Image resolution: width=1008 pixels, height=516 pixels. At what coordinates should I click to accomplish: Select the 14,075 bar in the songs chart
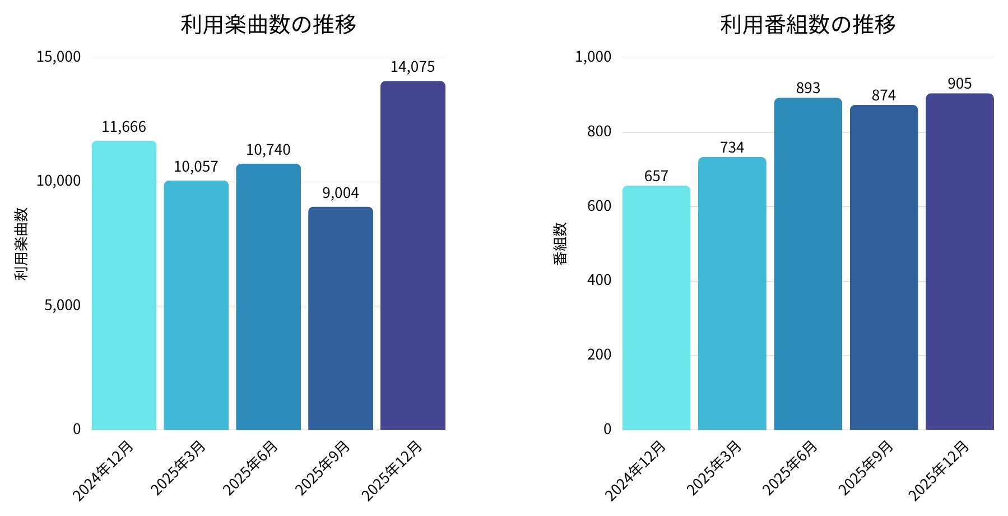(x=413, y=255)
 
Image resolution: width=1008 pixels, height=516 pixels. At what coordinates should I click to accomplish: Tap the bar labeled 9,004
(x=341, y=318)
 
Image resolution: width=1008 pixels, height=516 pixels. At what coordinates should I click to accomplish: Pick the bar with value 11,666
(x=124, y=285)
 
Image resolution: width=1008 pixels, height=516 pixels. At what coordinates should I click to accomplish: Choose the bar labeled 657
(x=656, y=307)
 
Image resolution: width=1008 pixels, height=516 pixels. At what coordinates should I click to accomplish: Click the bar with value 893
(x=808, y=264)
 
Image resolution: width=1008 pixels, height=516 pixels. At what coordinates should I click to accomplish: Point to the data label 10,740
(x=268, y=150)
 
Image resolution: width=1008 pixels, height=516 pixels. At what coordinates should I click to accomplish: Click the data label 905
(x=959, y=84)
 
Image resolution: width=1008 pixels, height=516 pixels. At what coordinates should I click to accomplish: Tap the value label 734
(x=732, y=148)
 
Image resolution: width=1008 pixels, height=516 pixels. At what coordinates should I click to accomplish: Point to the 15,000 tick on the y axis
(x=59, y=57)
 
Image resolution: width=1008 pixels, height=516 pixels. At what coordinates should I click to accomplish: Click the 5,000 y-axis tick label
(x=63, y=306)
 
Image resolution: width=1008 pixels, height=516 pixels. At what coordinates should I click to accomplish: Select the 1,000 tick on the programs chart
(x=593, y=57)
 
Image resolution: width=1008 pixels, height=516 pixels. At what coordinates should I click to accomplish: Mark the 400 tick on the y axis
(x=599, y=280)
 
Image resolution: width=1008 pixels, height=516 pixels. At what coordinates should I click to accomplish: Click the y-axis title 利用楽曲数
(x=21, y=244)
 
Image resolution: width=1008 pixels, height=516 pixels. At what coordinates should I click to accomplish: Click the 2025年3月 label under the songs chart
(x=178, y=468)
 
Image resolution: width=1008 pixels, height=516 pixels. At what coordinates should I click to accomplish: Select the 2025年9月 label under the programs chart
(x=866, y=468)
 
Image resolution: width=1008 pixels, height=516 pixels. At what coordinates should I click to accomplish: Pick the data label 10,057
(x=196, y=167)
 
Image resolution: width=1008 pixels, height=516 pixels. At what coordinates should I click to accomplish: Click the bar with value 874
(x=884, y=267)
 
